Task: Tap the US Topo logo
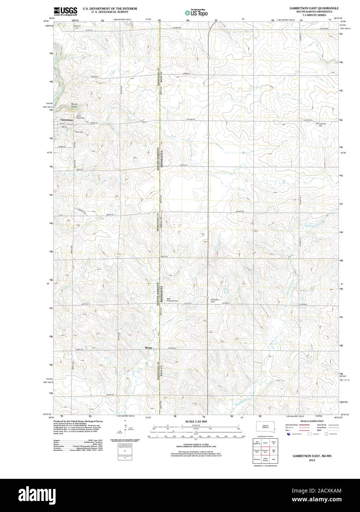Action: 197,13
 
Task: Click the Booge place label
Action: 148,348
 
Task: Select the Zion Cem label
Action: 79,131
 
